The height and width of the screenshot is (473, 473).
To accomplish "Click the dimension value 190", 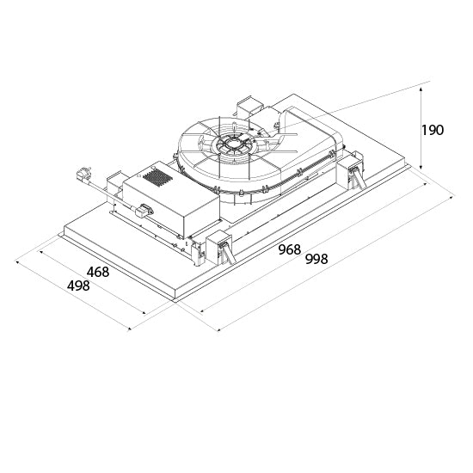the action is click(433, 130).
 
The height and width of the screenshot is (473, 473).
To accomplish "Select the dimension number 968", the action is click(290, 249).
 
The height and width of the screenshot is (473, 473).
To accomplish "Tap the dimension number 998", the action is click(316, 259).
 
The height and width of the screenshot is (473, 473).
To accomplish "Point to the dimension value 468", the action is click(98, 272).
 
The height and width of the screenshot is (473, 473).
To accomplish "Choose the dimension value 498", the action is click(78, 286).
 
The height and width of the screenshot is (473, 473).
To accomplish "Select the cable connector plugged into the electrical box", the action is click(144, 210).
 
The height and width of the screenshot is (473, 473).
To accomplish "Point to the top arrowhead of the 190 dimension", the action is click(421, 89).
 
